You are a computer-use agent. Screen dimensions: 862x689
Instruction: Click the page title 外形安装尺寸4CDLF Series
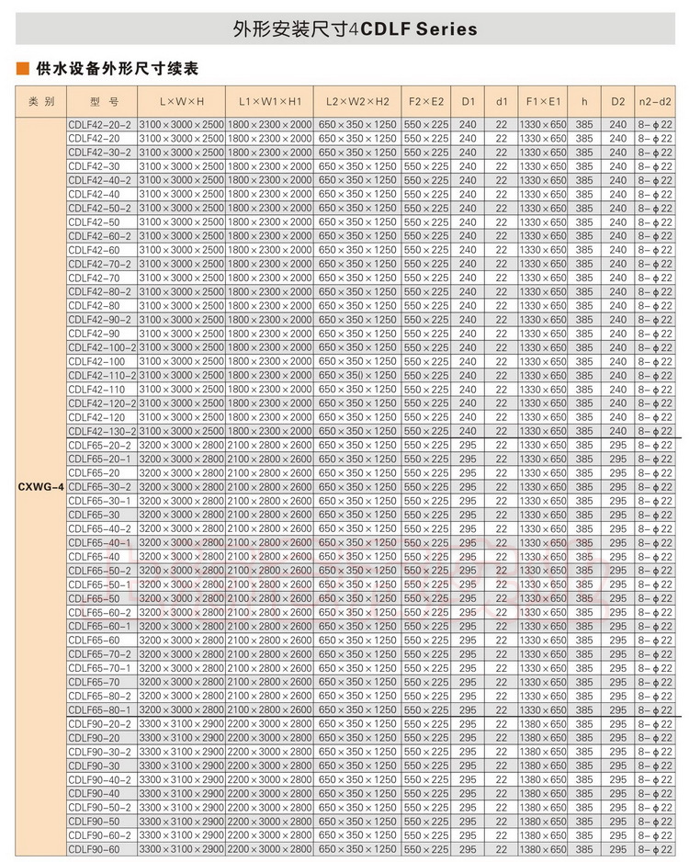click(x=355, y=28)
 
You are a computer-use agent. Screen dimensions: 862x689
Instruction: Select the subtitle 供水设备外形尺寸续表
click(x=116, y=69)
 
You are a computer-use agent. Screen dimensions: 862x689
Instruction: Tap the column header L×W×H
click(x=181, y=101)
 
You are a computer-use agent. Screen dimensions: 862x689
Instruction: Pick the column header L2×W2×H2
click(x=357, y=101)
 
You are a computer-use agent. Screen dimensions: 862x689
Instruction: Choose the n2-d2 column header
click(x=655, y=101)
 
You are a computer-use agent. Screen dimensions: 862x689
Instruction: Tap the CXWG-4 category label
click(x=40, y=486)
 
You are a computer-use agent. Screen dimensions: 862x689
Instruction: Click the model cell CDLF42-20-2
click(x=100, y=124)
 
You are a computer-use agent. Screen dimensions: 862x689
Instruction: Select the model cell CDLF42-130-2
click(x=102, y=431)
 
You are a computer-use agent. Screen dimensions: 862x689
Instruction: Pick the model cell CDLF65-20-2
click(x=100, y=445)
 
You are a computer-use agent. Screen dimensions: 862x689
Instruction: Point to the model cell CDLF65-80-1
click(x=100, y=709)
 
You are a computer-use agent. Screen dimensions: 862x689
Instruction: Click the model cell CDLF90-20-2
click(x=100, y=723)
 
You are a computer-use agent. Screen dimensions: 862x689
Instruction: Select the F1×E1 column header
click(x=542, y=101)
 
